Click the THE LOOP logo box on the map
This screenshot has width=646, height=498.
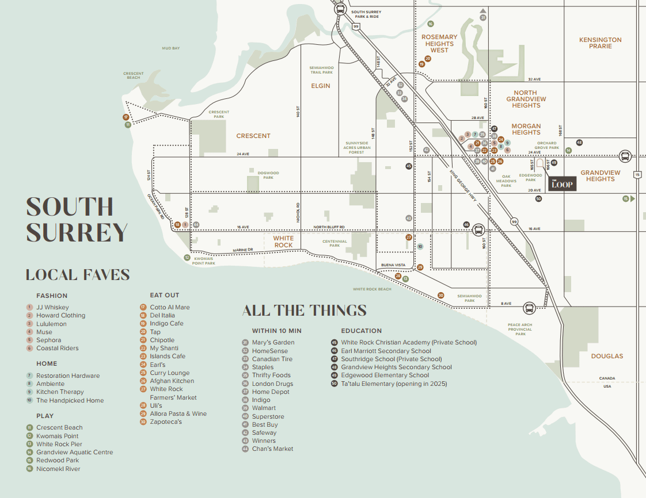tap(562, 183)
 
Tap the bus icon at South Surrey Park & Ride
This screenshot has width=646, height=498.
tap(340, 9)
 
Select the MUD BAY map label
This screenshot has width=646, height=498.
tap(171, 48)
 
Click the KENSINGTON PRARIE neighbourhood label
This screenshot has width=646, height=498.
tap(601, 43)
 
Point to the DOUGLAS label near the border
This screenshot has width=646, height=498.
tap(607, 356)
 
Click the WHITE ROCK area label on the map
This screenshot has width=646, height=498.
tap(283, 242)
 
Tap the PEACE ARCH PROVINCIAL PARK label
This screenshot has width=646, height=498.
tap(520, 329)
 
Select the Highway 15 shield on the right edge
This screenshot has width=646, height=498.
tap(637, 174)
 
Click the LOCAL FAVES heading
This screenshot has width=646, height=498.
tap(77, 275)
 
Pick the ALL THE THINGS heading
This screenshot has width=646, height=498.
tap(304, 311)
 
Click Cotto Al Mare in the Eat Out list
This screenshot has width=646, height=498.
tap(170, 307)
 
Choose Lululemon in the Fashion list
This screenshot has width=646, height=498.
tap(51, 324)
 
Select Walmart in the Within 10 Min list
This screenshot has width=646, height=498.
tap(264, 408)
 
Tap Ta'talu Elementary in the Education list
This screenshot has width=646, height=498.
tap(394, 384)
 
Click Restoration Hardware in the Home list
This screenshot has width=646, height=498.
tap(68, 376)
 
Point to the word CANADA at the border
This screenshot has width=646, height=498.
tap(607, 378)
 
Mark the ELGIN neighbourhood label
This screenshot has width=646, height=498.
tap(321, 86)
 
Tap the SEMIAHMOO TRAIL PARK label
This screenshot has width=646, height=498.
tap(321, 70)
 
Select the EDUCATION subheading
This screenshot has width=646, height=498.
tap(361, 331)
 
